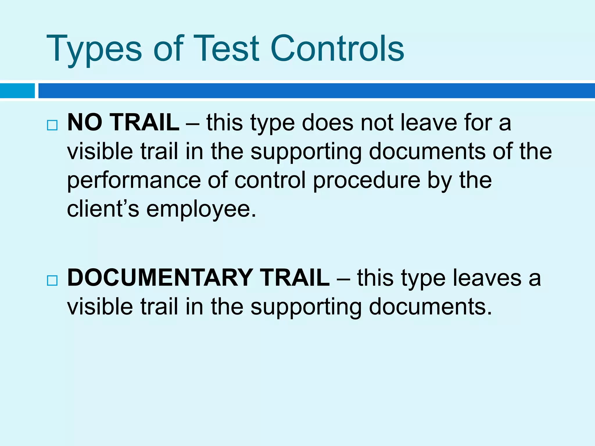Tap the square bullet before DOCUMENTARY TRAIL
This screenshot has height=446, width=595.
pyautogui.click(x=52, y=280)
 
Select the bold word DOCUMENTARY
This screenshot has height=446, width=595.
pyautogui.click(x=159, y=278)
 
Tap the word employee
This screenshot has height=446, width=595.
pyautogui.click(x=201, y=210)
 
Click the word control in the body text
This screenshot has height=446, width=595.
pyautogui.click(x=270, y=180)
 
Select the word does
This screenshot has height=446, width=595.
pyautogui.click(x=327, y=122)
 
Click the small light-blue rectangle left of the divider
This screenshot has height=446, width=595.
pyautogui.click(x=17, y=91)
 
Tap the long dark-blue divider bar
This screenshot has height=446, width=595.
pyautogui.click(x=317, y=91)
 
